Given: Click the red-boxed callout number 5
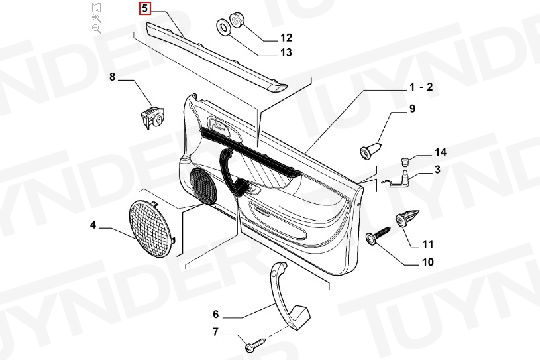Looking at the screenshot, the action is coord(145,8).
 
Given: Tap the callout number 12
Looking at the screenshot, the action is coord(286,38).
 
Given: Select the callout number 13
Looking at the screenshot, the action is coord(286,52).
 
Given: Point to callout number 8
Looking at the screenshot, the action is coord(112,76).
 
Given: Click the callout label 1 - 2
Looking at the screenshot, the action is coord(421,87).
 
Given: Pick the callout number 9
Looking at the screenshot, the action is coord(412,109).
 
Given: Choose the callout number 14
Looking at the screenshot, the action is coord(440,152).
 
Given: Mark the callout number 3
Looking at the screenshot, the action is coord(437,169).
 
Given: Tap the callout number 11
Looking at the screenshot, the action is coord(428,244).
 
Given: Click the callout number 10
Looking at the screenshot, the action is coord(428,262).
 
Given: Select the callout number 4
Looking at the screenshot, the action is coord(93,225).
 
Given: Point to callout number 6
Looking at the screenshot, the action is coord(216,314).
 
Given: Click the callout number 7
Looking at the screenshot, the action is coord(216,332).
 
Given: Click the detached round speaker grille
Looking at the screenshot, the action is coord(152,229).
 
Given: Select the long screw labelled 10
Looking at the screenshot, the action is coord(378,234).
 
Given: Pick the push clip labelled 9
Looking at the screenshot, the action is coord(371,149).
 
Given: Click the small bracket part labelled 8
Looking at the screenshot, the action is coord(152,117).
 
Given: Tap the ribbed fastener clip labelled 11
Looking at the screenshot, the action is coord(407,218).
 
